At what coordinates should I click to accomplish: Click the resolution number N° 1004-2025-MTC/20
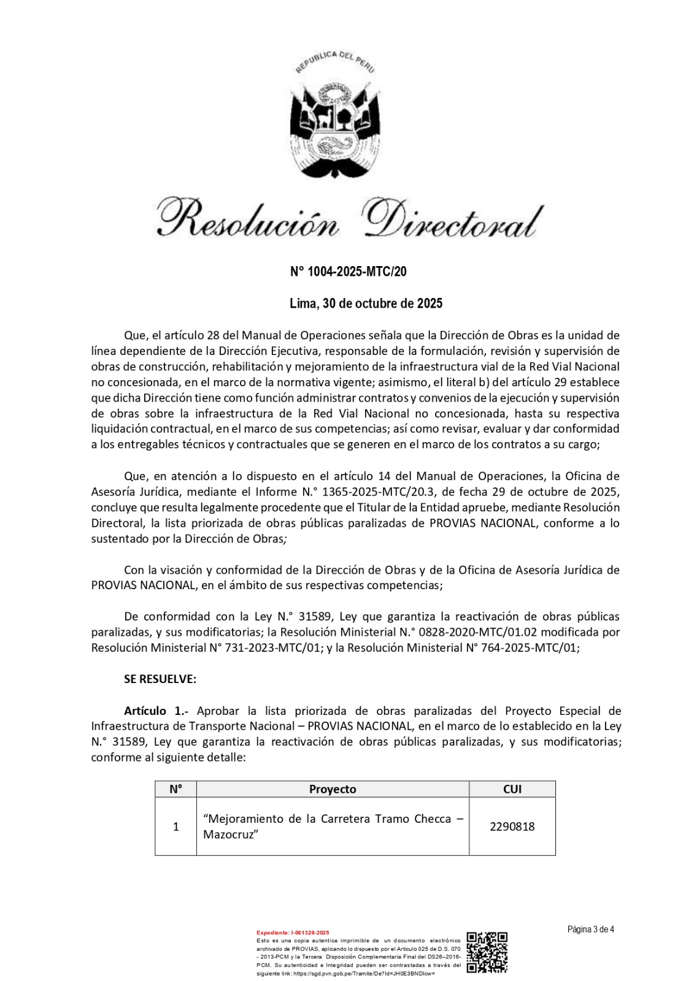point(348,272)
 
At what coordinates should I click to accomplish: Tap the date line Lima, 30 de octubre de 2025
point(366,303)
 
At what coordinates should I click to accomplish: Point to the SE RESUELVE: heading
point(160,679)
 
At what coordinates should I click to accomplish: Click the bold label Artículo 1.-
point(156,711)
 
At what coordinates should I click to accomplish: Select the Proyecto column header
point(333,789)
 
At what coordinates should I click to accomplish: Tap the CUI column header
point(512,789)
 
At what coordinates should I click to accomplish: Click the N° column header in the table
point(175,789)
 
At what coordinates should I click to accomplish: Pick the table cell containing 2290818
point(512,826)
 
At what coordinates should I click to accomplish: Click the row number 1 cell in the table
point(175,826)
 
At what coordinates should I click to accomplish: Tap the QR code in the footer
point(487,952)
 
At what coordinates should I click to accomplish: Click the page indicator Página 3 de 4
point(590,929)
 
